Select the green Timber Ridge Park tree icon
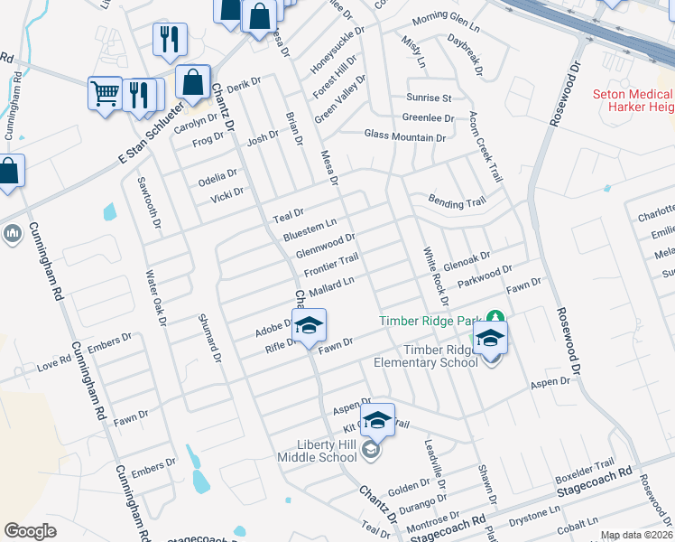494,318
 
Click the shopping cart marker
105,92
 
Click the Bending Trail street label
457,202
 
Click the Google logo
31,531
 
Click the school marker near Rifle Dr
309,327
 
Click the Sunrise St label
428,98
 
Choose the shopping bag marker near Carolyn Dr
193,82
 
